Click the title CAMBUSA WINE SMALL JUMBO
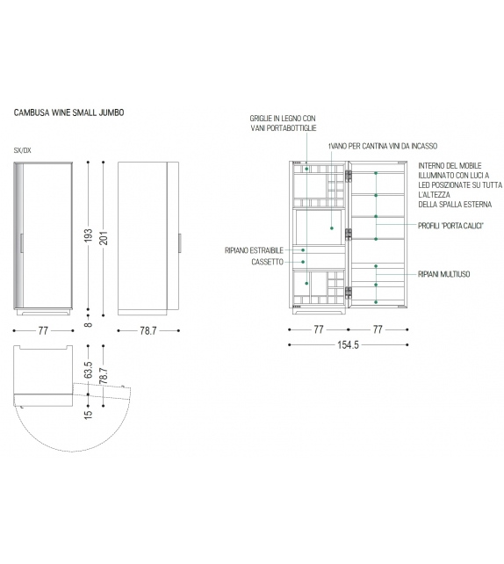(x=68, y=112)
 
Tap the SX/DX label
(x=22, y=150)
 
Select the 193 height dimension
(x=89, y=235)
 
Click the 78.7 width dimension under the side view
(x=148, y=330)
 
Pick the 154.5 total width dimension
(x=348, y=345)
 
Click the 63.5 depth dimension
(x=89, y=370)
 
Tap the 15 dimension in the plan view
(x=89, y=415)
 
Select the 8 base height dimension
(x=89, y=325)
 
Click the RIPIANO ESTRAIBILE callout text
(x=254, y=250)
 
